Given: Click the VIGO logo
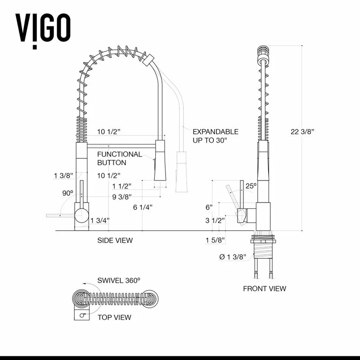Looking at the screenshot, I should point(43,28).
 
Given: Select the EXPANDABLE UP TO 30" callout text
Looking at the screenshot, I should point(215,136).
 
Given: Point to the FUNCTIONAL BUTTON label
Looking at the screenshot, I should point(119,158).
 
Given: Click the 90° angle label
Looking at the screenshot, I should point(68,193).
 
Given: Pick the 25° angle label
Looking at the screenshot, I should point(251,185).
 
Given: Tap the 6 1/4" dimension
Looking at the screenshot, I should point(143,207).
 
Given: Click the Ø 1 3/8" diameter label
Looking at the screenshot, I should point(232,257).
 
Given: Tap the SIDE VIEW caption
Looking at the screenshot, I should point(115,240).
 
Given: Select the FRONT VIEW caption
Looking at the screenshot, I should point(264,288).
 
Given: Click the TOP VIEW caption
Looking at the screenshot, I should point(114,317).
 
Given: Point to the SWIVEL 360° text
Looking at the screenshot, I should point(119,280).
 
